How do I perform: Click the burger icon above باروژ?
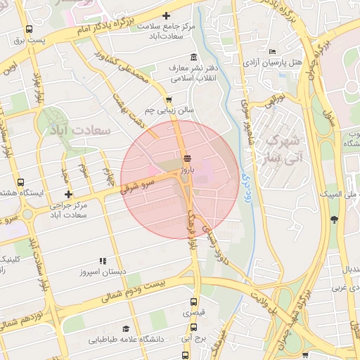pyautogui.click(x=186, y=158)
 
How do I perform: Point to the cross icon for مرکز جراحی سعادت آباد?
pyautogui.click(x=68, y=194)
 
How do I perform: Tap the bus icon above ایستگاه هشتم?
pyautogui.click(x=20, y=182)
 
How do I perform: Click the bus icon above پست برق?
pyautogui.click(x=29, y=30)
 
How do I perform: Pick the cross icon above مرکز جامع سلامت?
pyautogui.click(x=167, y=15)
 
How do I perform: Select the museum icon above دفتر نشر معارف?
pyautogui.click(x=193, y=58)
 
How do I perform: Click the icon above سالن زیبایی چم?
pyautogui.click(x=169, y=100)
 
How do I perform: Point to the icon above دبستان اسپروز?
pyautogui.click(x=103, y=261)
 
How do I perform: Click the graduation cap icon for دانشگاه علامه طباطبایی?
pyautogui.click(x=126, y=328)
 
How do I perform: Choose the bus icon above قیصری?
pyautogui.click(x=195, y=300)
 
